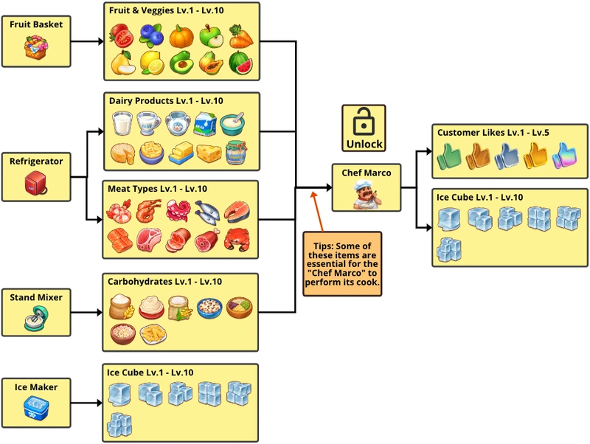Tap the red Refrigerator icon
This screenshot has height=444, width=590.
tap(35, 183)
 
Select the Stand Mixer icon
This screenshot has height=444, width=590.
tap(35, 319)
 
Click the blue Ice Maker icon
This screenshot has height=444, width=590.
tap(35, 409)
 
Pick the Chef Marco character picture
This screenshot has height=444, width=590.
tap(366, 195)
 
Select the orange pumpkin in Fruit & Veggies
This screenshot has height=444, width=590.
tap(181, 35)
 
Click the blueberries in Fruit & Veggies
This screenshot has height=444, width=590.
tap(151, 35)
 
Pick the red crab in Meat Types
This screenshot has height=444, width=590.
tap(238, 240)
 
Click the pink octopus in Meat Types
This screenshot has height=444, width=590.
tap(179, 212)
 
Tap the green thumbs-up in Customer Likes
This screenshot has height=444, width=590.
tap(449, 156)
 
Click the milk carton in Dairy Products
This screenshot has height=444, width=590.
tap(205, 124)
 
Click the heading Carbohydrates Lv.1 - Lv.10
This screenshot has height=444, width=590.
tap(164, 282)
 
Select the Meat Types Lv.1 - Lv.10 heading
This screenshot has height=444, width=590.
tap(158, 189)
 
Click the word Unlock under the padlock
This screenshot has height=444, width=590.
tap(364, 144)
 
